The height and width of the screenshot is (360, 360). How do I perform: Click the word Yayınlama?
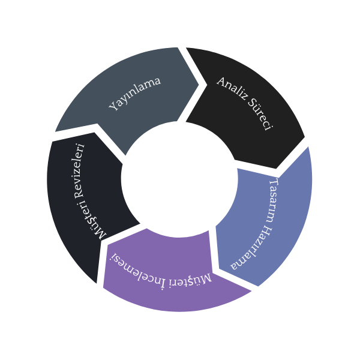pos(135,94)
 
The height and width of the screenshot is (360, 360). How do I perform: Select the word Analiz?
pos(230,89)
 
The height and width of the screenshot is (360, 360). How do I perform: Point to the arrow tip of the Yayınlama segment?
pos(198,83)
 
